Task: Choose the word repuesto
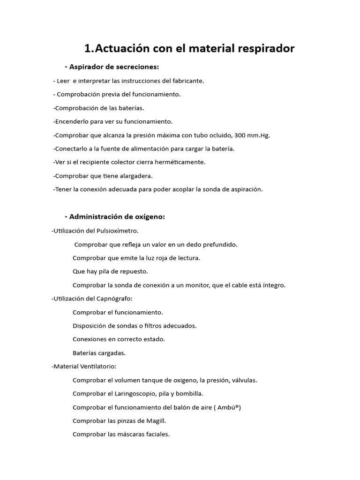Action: click(x=135, y=271)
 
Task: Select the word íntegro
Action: click(x=273, y=285)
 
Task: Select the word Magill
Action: click(x=156, y=420)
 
